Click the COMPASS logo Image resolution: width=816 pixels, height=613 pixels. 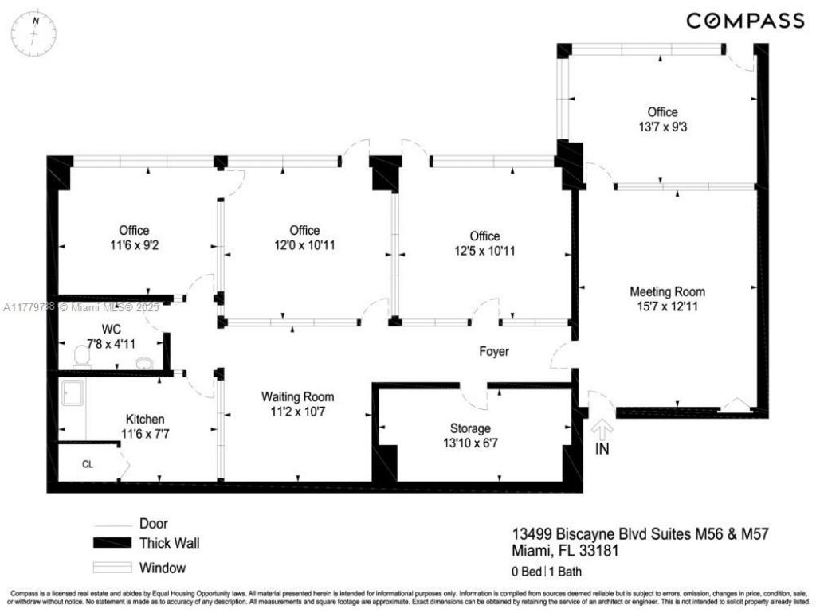(x=745, y=21)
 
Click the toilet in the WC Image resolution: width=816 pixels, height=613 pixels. (x=81, y=357)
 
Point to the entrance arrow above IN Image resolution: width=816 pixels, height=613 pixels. (x=602, y=431)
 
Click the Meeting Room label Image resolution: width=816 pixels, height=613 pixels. (x=667, y=291)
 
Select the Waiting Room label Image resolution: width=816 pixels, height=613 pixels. (x=298, y=396)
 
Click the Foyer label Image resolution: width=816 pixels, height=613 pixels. (x=493, y=351)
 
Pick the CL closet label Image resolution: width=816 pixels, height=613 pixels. (x=88, y=464)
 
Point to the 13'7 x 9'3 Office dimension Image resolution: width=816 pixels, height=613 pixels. (x=662, y=127)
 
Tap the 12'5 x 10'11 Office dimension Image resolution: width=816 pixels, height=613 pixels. (x=484, y=251)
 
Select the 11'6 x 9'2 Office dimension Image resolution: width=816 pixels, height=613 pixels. (x=134, y=245)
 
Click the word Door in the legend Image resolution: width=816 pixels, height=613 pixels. (x=153, y=523)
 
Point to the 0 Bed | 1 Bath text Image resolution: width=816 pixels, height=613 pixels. (x=550, y=571)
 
